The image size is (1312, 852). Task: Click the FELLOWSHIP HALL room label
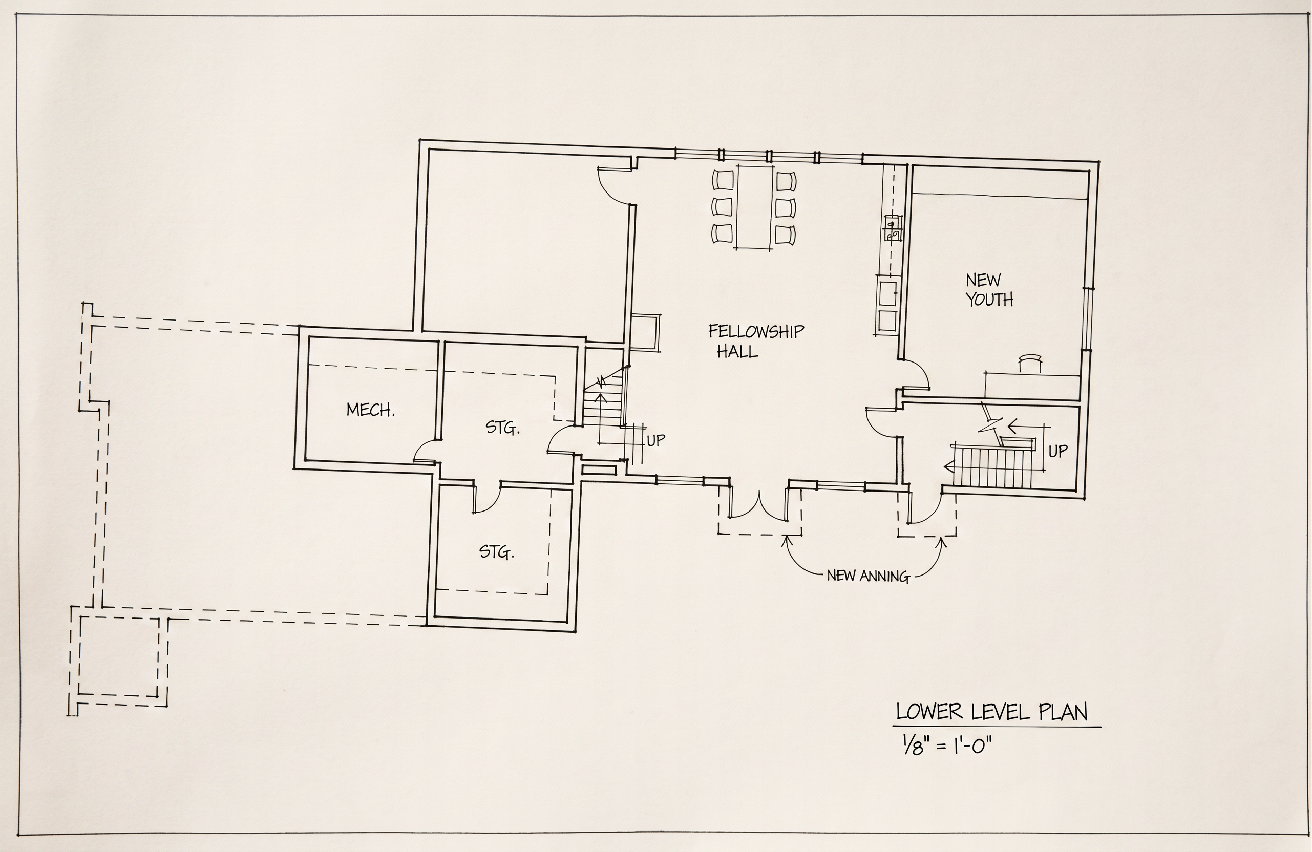pos(756,341)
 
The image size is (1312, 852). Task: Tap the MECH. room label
pos(370,410)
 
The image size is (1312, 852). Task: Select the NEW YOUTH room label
pos(989,290)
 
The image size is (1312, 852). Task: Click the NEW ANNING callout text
pos(868,577)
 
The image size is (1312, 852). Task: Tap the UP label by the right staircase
pos(1058,451)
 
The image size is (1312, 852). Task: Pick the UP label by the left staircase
pos(656,440)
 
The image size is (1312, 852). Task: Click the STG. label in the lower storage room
pos(497,551)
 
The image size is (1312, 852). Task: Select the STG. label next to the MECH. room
pos(502,428)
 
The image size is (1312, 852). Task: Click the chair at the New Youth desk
pos(1029,364)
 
